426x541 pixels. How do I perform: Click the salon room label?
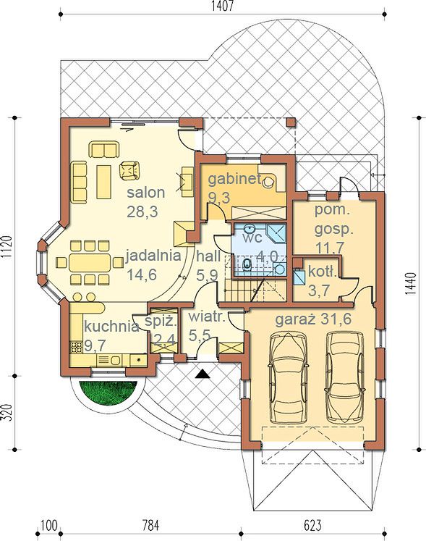coord(146,193)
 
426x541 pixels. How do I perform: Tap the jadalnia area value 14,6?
coord(142,274)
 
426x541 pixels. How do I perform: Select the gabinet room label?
coord(234,179)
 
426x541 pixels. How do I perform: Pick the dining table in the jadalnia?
coord(90,263)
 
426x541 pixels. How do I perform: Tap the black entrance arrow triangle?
coord(202,374)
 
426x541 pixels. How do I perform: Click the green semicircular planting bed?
coord(108,393)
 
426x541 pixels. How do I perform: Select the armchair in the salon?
coord(129,170)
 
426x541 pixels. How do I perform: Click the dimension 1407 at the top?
coord(223,6)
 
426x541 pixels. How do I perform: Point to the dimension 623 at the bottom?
coord(312,525)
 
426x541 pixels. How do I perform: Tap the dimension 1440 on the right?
coord(411,284)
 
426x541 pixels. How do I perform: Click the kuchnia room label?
coord(111,326)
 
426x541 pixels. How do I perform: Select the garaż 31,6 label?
coord(313,319)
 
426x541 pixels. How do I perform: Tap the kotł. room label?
coord(322,272)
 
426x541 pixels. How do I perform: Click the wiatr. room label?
coord(207,317)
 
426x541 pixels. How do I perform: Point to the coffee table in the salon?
coord(103,182)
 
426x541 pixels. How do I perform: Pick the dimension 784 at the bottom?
coord(151,525)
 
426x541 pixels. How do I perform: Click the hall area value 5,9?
coord(207,275)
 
